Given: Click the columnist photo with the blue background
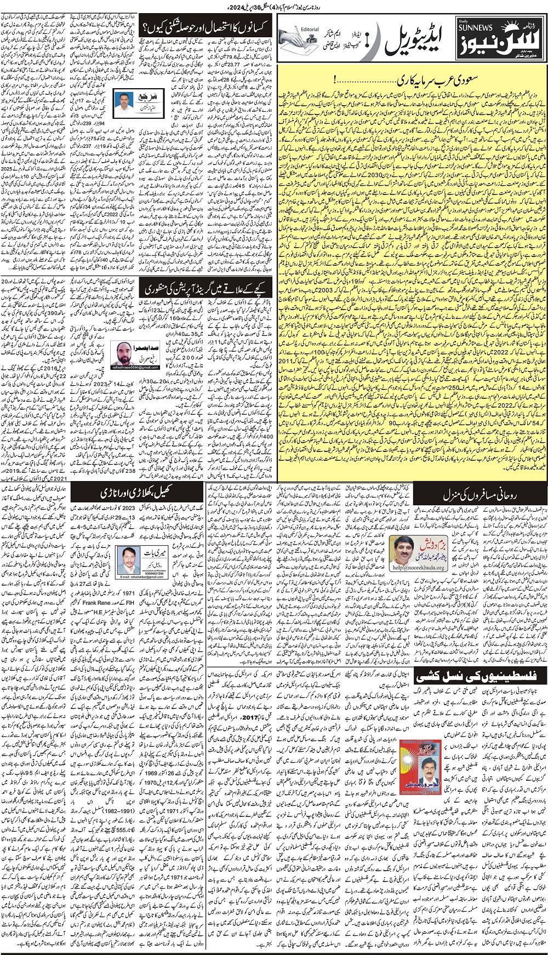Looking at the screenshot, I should point(127,100).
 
